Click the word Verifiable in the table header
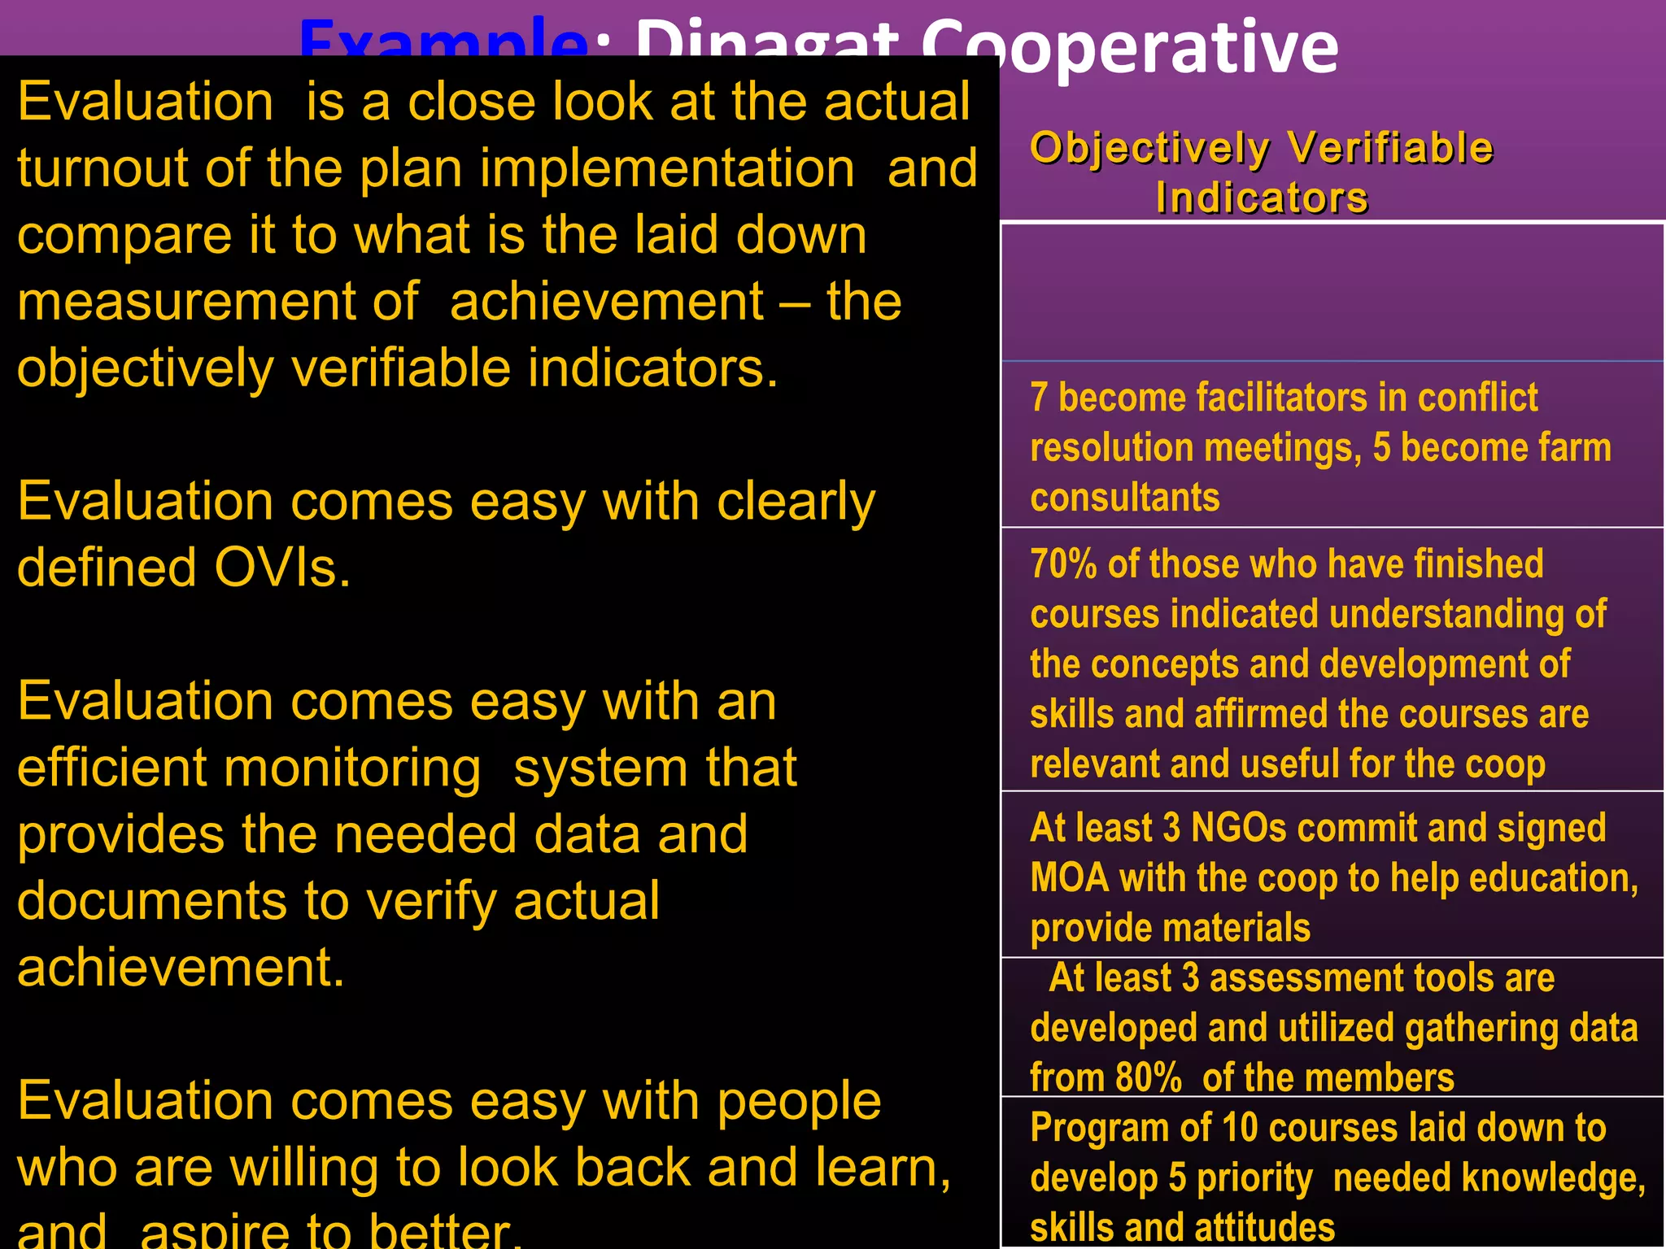click(1391, 149)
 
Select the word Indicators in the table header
click(1262, 198)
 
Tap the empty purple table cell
click(1332, 293)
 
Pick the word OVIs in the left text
click(282, 568)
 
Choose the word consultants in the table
click(1125, 498)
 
